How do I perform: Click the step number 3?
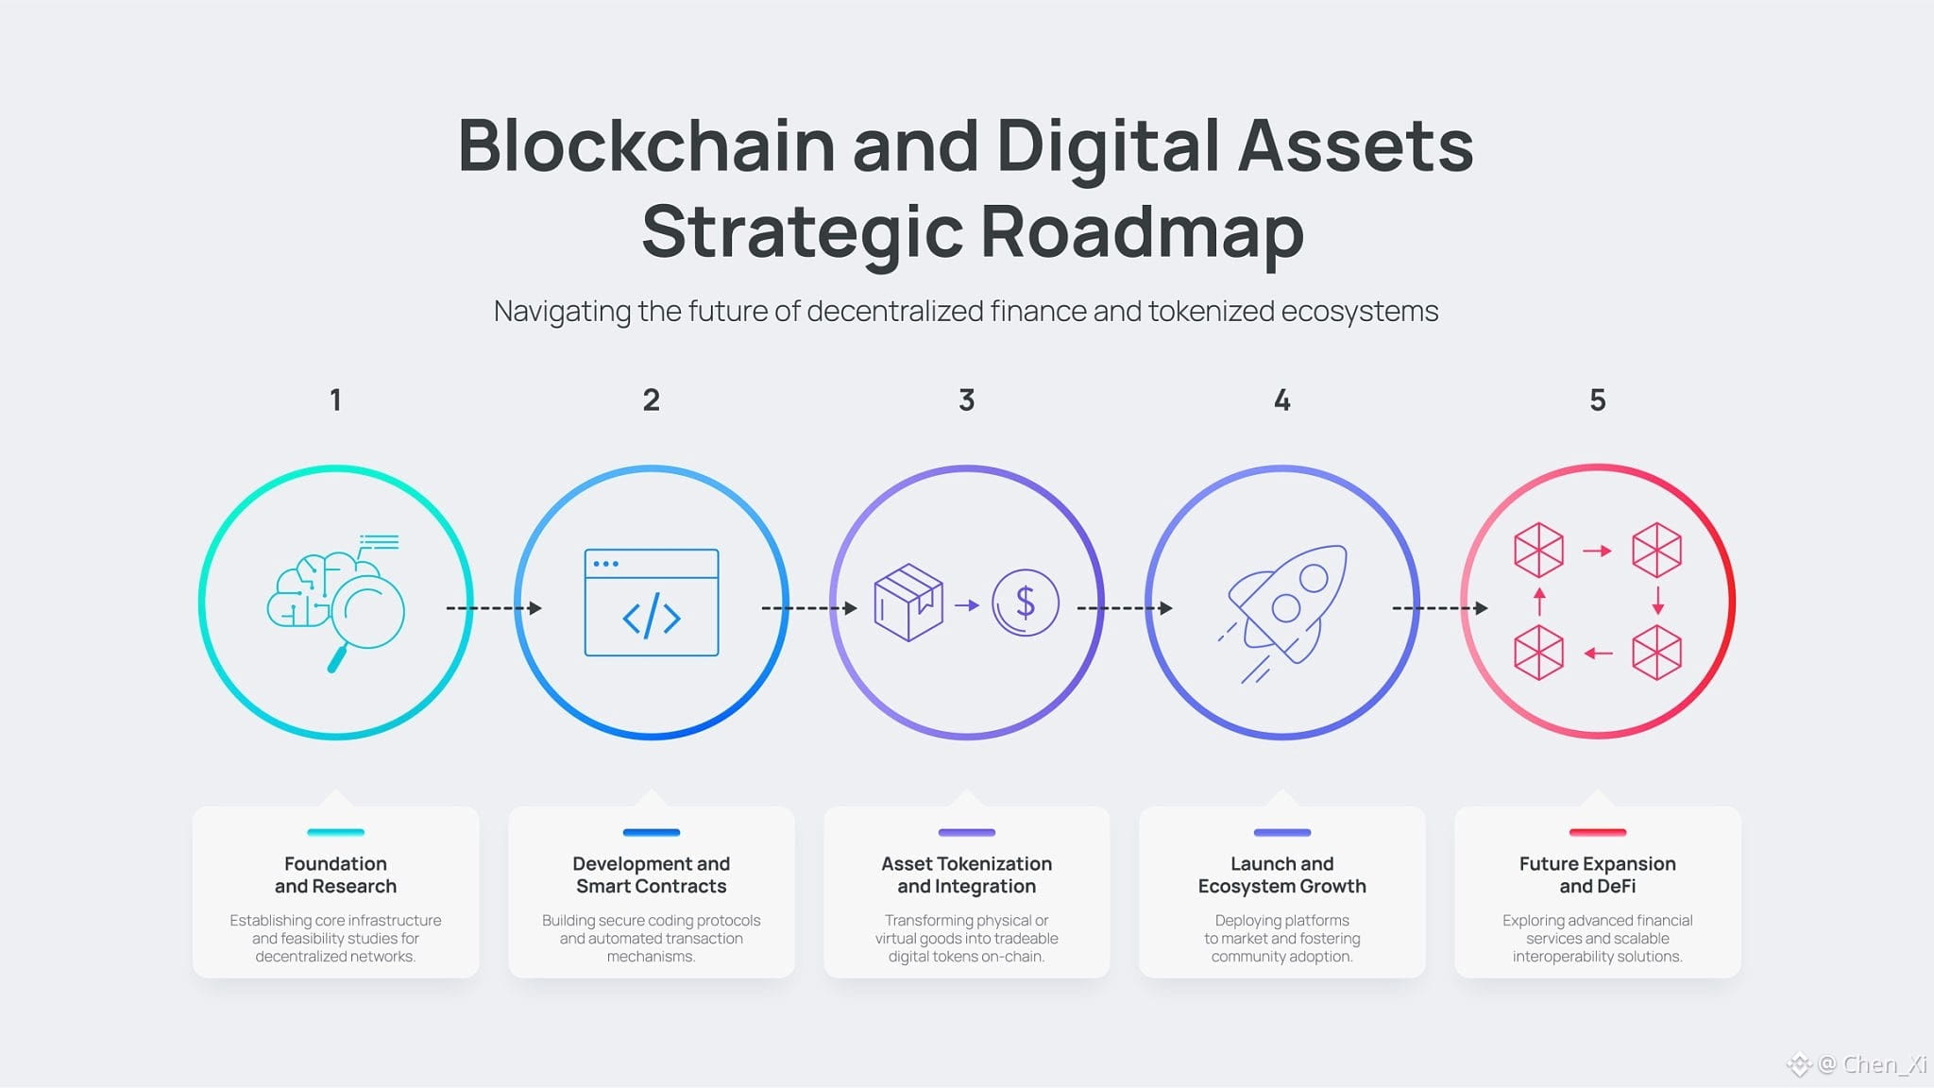[x=966, y=400]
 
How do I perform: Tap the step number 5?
[x=1597, y=400]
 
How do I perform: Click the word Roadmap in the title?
[x=1142, y=232]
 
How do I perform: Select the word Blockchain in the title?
[x=647, y=145]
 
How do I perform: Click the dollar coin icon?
[x=1025, y=603]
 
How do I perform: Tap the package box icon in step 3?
[x=908, y=603]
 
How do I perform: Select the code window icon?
[x=652, y=603]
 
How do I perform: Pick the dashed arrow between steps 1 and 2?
[x=494, y=608]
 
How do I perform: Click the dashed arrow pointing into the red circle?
[x=1440, y=608]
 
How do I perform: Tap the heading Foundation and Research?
[x=335, y=875]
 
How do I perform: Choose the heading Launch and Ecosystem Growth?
[x=1281, y=875]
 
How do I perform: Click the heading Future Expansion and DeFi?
[x=1597, y=875]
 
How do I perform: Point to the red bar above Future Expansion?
[x=1597, y=832]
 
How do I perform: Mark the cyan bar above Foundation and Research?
[x=335, y=832]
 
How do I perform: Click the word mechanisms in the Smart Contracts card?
[x=650, y=957]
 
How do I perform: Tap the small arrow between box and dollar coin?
[x=967, y=604]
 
